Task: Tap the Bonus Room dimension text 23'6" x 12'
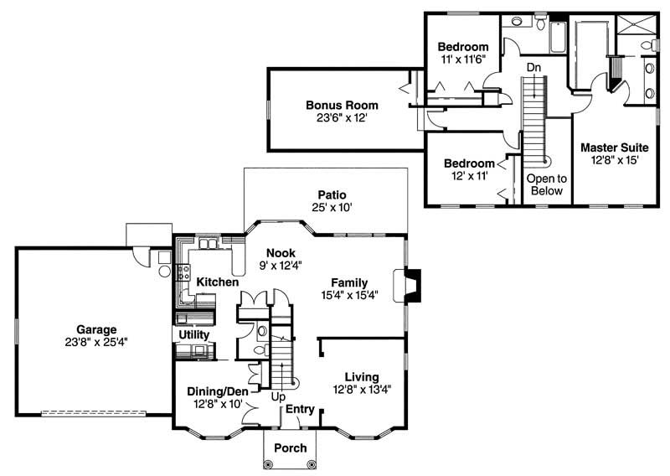point(341,119)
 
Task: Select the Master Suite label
point(615,147)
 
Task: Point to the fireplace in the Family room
point(410,284)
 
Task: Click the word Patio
point(332,195)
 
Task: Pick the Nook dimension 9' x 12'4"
point(279,265)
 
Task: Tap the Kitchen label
point(217,283)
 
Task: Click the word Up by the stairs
point(277,396)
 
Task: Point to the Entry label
point(300,410)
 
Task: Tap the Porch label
point(291,448)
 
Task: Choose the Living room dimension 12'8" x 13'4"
point(361,389)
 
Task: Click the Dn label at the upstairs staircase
point(533,67)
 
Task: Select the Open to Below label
point(546,184)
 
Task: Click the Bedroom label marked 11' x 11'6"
point(463,46)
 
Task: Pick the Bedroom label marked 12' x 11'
point(469,163)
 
